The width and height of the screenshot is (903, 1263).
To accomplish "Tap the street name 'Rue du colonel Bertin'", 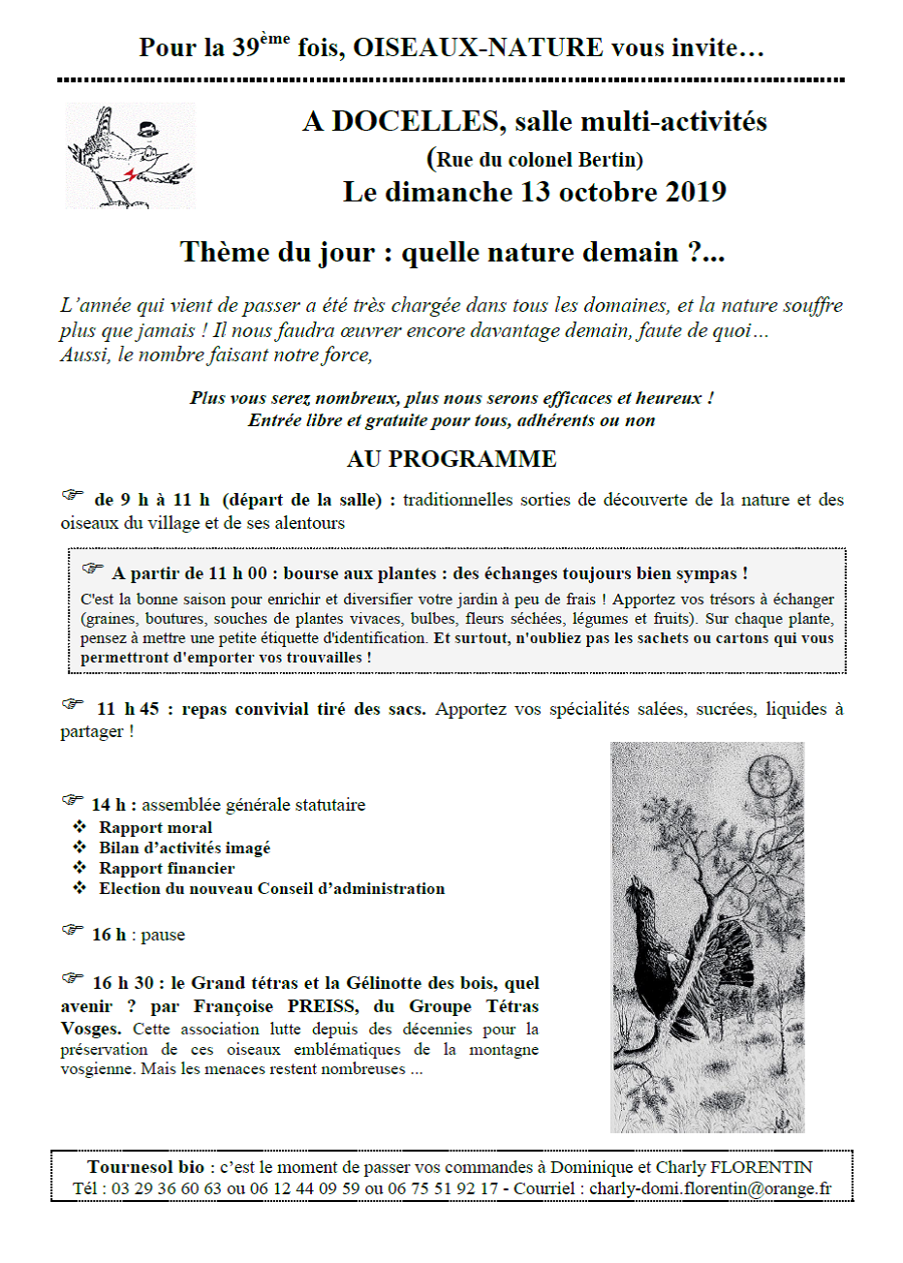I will (x=539, y=160).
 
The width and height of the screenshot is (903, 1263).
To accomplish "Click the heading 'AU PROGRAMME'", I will (x=451, y=459).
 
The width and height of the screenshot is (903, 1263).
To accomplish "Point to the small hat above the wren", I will (x=147, y=128).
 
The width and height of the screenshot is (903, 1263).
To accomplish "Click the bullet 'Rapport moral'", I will (x=155, y=828).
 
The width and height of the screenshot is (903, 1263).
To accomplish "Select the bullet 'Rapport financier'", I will (x=167, y=869).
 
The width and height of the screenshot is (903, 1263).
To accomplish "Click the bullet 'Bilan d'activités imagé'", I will (x=184, y=848).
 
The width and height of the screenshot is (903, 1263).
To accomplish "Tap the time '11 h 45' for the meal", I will (x=128, y=709).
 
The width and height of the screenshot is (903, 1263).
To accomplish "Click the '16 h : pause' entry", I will (x=138, y=936).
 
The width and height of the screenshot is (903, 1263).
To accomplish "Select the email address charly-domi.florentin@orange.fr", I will (x=710, y=1189).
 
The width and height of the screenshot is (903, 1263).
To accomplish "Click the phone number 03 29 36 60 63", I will (x=167, y=1189).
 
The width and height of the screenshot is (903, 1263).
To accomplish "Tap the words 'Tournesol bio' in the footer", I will (x=145, y=1168).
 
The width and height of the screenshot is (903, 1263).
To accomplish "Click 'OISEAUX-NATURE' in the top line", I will (x=478, y=47).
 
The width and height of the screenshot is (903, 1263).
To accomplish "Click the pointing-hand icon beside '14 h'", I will (x=74, y=801).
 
